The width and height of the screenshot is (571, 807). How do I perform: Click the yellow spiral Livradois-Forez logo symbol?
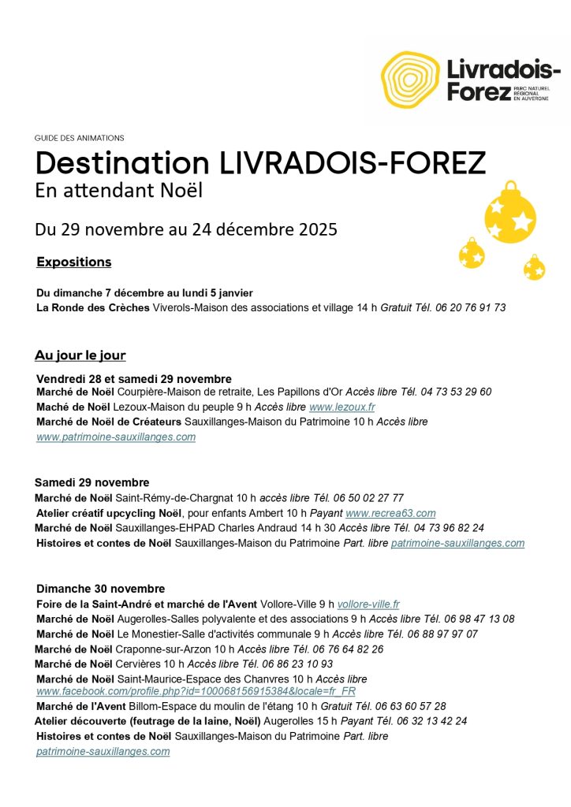tap(409, 79)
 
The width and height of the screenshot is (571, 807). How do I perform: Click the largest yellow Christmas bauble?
tap(509, 214)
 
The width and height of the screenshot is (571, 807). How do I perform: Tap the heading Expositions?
tap(74, 262)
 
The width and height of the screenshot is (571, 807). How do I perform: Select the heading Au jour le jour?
tap(80, 355)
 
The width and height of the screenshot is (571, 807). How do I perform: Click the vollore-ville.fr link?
tap(368, 604)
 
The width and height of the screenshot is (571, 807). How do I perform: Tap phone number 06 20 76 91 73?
tap(472, 307)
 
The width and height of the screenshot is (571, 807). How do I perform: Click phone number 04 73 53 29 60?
tap(458, 392)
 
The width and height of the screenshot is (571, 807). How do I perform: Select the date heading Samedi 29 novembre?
tap(91, 482)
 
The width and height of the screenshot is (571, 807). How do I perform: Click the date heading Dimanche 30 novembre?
tap(101, 589)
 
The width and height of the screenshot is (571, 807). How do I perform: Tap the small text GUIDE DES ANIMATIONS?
tap(80, 138)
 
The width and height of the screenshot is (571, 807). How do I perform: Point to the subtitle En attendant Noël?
tap(118, 191)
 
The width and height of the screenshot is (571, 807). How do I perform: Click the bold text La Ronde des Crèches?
tap(93, 307)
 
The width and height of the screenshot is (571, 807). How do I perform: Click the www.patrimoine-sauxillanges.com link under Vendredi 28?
tap(116, 437)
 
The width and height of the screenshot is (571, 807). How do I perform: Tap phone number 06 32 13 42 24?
tap(432, 720)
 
